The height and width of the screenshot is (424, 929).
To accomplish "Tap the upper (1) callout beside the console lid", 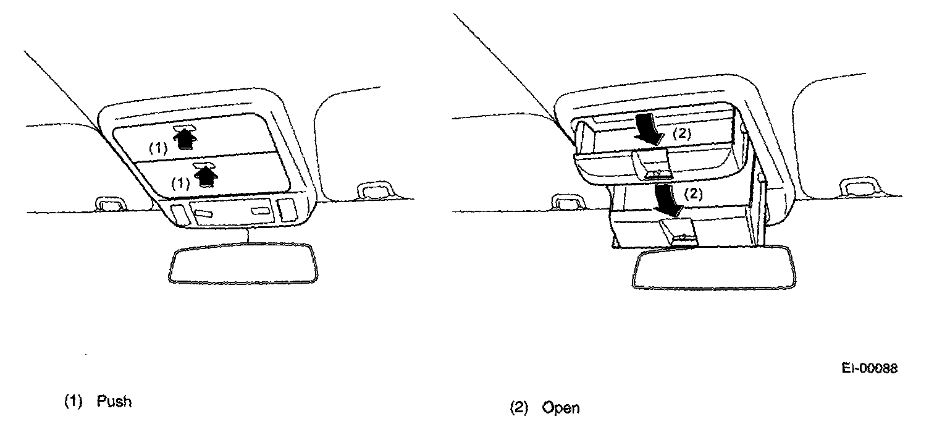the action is (x=158, y=148).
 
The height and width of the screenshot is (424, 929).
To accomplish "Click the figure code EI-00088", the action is (x=869, y=368).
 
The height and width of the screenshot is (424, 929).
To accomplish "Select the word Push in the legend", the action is (x=114, y=401).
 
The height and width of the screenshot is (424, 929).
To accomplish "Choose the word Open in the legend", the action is (x=561, y=408).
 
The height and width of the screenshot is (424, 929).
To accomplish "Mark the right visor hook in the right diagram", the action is (x=861, y=187).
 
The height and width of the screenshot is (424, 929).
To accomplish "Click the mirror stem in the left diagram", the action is (x=248, y=235).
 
